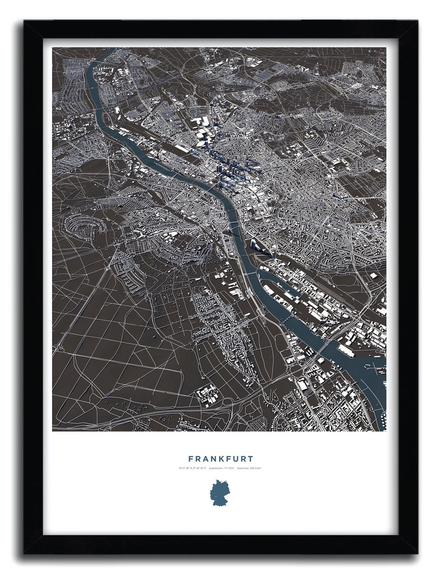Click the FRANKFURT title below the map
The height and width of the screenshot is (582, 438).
click(x=220, y=459)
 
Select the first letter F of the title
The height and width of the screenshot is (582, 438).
click(x=191, y=459)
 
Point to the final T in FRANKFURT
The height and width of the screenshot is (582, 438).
click(x=250, y=459)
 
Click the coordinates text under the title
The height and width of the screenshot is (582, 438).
click(x=192, y=469)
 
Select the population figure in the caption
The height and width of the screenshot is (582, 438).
click(x=219, y=469)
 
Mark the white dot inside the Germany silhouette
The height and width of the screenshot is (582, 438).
click(x=213, y=497)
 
